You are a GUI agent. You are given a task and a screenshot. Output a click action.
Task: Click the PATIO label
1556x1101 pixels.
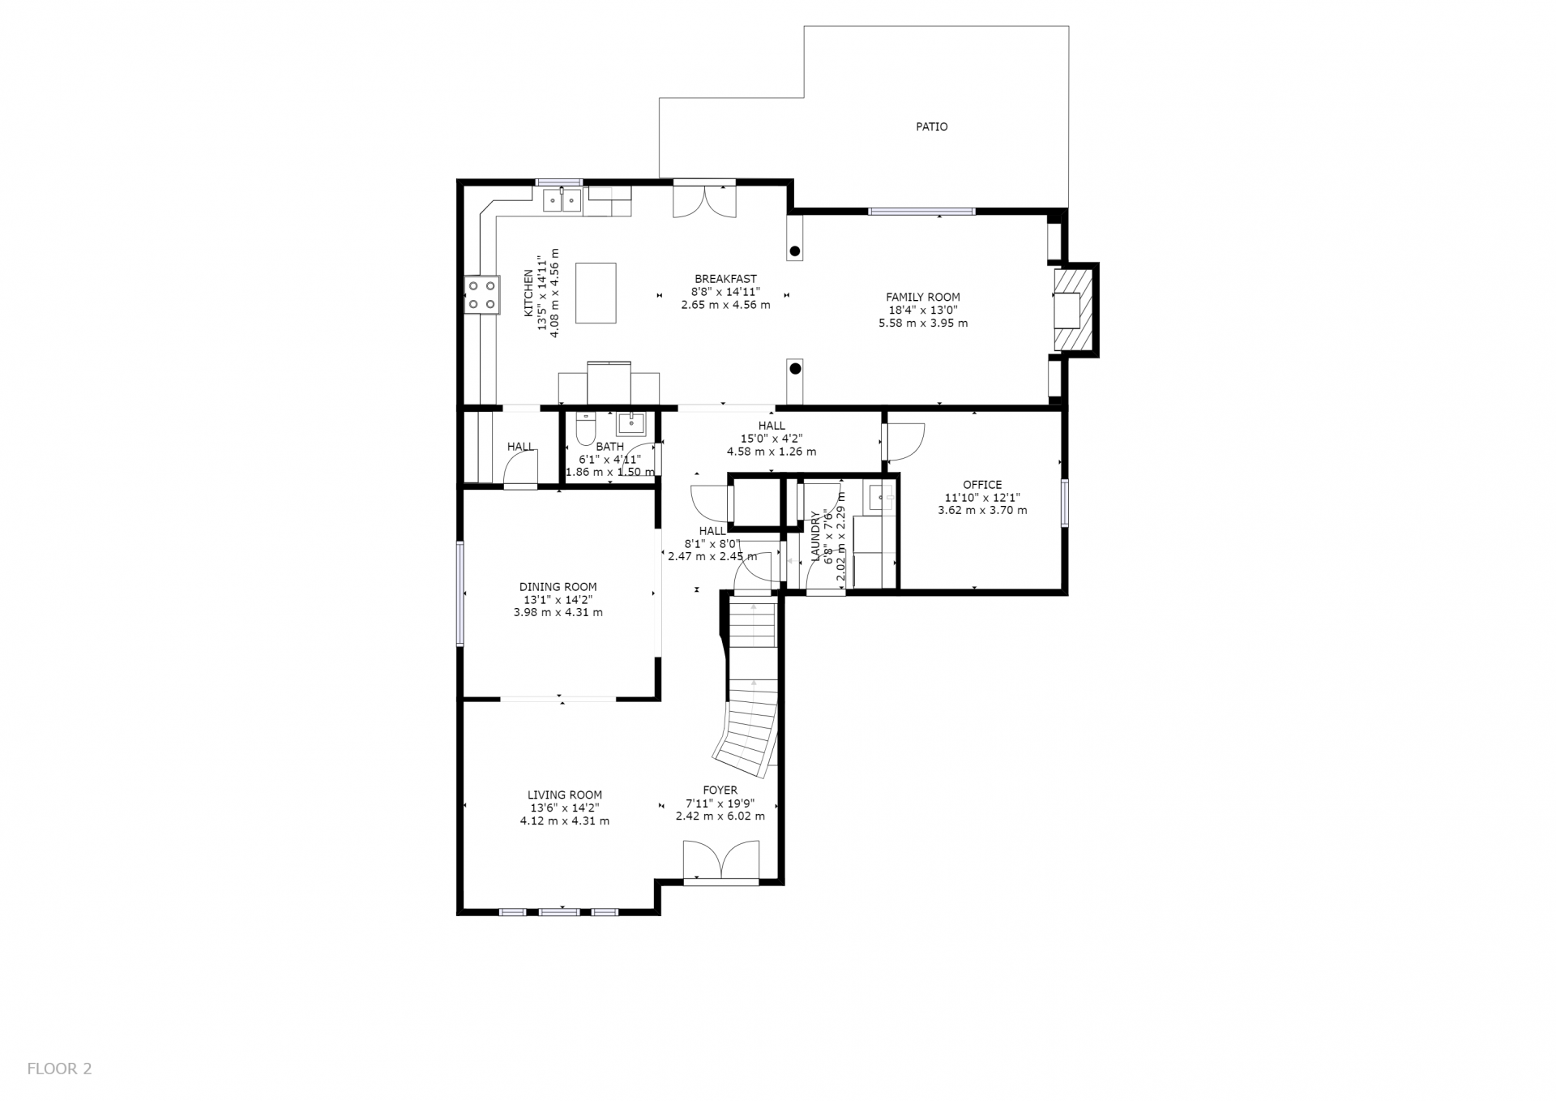931,126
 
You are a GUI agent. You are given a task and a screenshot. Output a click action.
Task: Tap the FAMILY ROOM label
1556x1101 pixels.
922,298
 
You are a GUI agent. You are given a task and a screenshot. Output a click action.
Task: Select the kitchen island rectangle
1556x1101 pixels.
595,293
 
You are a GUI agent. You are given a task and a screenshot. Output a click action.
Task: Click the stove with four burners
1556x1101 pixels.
481,294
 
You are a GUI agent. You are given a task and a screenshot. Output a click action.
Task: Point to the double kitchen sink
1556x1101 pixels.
562,199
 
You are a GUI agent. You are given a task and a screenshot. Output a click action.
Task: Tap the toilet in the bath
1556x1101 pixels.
585,429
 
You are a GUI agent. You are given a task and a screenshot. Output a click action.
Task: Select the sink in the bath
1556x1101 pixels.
631,424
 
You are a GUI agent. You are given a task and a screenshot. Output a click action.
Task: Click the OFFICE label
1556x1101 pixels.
982,485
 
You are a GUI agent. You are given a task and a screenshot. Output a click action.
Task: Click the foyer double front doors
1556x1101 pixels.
721,860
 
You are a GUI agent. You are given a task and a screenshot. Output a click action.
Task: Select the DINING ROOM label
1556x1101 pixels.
558,587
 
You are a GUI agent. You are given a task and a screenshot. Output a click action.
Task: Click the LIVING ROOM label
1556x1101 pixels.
565,795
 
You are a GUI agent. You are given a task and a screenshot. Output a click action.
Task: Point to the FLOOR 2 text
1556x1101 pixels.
60,1069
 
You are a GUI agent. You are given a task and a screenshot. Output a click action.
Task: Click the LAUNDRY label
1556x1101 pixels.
815,537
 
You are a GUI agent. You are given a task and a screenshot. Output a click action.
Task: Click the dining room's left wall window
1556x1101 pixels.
460,593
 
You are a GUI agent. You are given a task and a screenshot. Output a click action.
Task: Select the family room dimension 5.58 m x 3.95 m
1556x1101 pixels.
923,323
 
